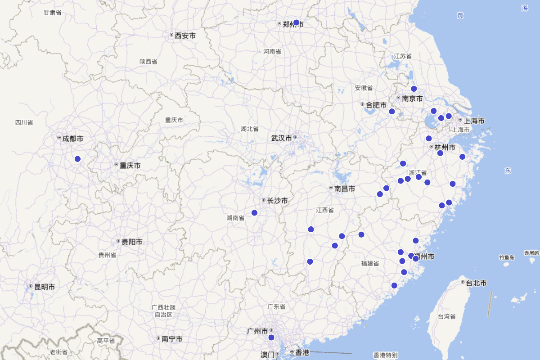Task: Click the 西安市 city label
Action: point(185,35)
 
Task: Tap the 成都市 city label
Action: point(72,139)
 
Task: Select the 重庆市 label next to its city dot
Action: point(130,166)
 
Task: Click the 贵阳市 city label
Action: point(131,242)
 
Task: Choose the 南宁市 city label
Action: point(171,339)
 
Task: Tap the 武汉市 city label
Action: point(282,138)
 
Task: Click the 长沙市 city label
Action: point(277,201)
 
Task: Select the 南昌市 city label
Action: point(344,189)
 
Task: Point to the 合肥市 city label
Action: point(376,105)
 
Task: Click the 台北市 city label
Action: point(477,283)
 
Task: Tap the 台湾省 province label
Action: point(446,316)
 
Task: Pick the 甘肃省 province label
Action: point(52,13)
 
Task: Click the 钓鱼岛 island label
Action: point(506,257)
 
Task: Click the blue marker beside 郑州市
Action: point(296,22)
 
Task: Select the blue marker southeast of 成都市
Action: point(77,159)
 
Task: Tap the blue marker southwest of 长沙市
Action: point(254,213)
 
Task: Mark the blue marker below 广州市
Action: point(271,337)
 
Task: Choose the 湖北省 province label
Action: point(249,129)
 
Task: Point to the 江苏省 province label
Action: point(403,56)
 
